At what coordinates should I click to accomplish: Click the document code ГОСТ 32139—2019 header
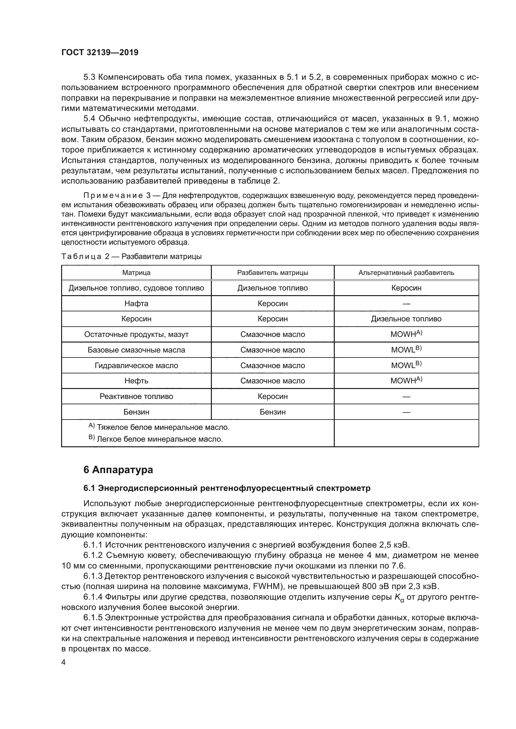point(100,52)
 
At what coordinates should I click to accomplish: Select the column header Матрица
point(136,273)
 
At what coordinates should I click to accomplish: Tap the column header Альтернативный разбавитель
point(406,273)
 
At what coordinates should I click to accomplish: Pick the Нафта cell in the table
point(136,304)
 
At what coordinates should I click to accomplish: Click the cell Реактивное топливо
point(136,396)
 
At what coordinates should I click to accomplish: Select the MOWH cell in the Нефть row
point(406,381)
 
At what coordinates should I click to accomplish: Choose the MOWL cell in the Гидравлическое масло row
point(406,365)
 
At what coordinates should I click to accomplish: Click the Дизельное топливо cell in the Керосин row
point(406,319)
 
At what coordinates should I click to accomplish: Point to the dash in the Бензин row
point(406,412)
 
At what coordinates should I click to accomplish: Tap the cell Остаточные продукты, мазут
point(136,334)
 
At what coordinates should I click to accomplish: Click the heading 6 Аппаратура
point(118,470)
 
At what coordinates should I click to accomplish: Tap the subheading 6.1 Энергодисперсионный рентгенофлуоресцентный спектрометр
point(227,488)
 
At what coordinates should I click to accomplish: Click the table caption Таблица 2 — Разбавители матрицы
point(131,257)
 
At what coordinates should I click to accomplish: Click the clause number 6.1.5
point(93,617)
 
